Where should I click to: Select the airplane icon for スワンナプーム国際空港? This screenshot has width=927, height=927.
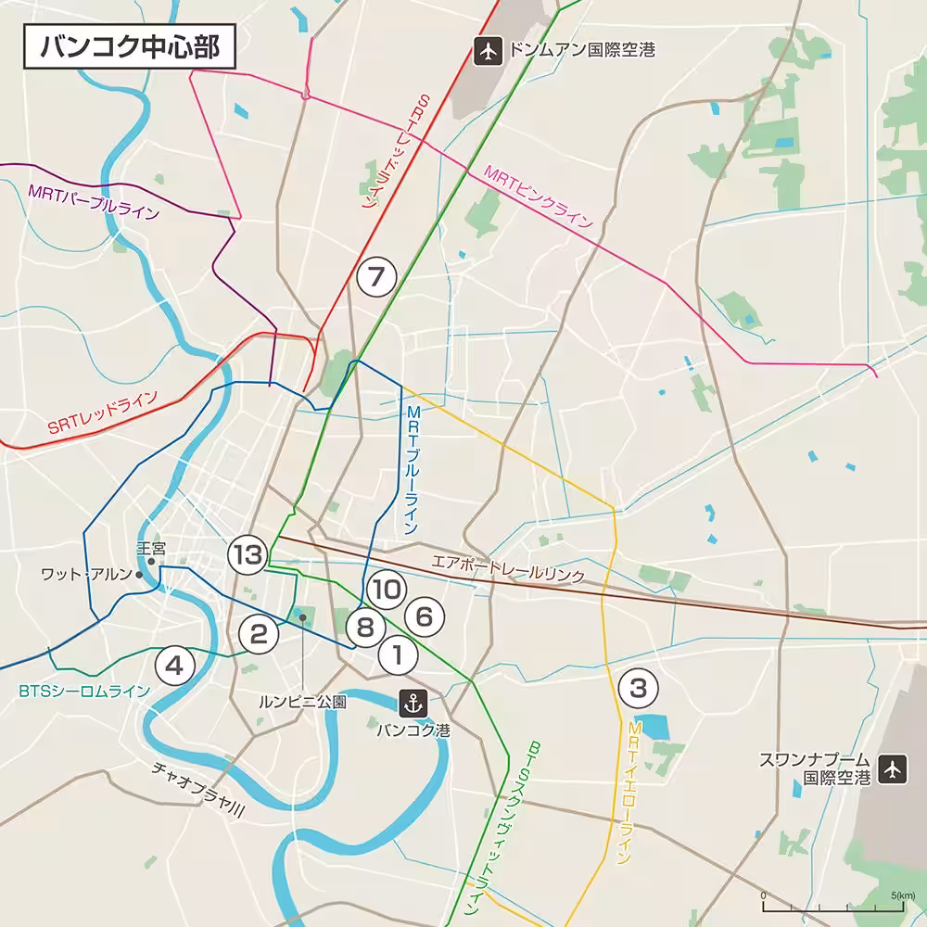pos(892,768)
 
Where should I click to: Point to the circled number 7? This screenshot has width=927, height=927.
pos(375,276)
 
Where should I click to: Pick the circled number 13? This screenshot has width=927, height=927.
pos(248,555)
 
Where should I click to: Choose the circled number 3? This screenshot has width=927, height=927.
pos(638,689)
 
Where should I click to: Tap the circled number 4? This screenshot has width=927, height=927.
pos(176,664)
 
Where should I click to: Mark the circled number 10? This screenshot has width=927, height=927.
pos(387,589)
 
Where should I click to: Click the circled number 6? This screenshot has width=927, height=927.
pos(424,616)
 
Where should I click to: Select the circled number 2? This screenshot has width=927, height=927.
pos(259,634)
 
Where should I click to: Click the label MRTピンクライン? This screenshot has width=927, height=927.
pos(538,197)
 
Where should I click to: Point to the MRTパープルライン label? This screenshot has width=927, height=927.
pos(94,203)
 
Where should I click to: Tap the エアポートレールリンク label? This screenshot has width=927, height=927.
pos(508,568)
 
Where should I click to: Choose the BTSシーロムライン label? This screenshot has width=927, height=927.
pos(83,692)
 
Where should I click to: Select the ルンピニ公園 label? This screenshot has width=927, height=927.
pos(302,702)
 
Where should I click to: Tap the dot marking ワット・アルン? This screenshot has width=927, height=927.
pos(139,575)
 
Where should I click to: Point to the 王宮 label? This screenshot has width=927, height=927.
pos(150,549)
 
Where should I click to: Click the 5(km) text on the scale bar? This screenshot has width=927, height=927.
pos(904,895)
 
